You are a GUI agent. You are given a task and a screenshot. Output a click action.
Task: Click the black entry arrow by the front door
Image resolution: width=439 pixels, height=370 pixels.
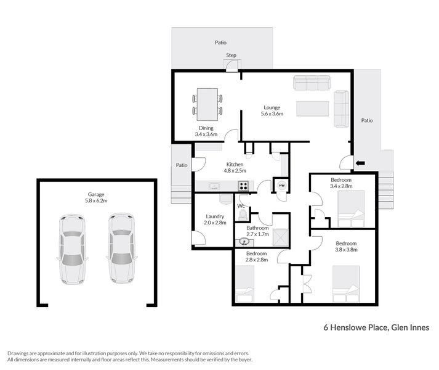click(x=360, y=163)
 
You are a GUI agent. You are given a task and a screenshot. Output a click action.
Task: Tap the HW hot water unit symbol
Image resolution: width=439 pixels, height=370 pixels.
click(x=281, y=186)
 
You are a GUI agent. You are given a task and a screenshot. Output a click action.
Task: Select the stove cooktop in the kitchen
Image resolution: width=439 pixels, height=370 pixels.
click(x=243, y=186)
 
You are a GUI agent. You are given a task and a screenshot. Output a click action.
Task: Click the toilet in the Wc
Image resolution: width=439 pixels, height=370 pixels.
click(x=242, y=215)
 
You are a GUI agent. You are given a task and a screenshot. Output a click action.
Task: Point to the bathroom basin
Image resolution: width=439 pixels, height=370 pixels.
click(x=244, y=242)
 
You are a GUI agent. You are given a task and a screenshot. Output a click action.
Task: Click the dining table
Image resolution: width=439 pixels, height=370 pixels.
click(x=207, y=104)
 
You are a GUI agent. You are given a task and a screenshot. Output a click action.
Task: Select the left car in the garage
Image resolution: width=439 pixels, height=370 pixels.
click(x=72, y=249)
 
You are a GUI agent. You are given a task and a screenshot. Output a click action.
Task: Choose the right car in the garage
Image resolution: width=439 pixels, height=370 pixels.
click(x=121, y=248)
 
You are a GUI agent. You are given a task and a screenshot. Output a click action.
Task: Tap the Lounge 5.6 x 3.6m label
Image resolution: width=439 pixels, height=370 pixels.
click(x=272, y=110)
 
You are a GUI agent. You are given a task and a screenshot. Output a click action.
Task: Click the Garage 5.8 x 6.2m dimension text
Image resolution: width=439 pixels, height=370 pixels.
click(x=96, y=200)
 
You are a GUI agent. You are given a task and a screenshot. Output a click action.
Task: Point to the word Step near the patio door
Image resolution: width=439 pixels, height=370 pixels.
click(x=232, y=55)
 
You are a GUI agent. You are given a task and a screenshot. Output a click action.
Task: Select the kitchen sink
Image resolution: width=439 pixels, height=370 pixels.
click(x=214, y=186)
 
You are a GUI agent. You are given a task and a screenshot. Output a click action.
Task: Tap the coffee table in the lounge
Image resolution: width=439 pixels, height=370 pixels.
click(x=312, y=109)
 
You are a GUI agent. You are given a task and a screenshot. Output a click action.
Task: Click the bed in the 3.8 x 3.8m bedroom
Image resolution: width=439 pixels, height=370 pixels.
click(x=346, y=284)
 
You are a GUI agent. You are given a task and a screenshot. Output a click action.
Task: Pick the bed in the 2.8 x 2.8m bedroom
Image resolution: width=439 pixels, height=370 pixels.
click(x=245, y=284)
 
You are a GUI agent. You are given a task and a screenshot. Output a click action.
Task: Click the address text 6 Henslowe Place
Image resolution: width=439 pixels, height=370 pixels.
click(x=355, y=327)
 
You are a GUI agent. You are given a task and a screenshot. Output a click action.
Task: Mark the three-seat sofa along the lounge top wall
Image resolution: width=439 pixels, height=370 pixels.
click(x=312, y=83)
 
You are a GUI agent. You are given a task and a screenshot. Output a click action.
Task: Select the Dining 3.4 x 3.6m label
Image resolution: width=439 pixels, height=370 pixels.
click(x=206, y=131)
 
